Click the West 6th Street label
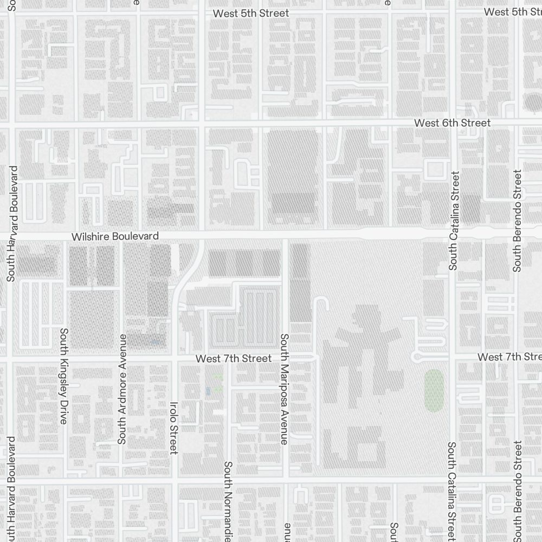[x=452, y=123]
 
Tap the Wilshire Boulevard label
[x=115, y=236]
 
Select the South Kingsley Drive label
[x=64, y=376]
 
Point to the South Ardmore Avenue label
[x=122, y=389]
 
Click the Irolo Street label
[x=173, y=427]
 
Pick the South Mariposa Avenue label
[x=283, y=389]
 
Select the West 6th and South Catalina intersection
[x=452, y=125]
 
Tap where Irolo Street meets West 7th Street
[x=174, y=358]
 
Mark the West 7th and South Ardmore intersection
[x=122, y=358]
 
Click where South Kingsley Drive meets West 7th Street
[x=64, y=358]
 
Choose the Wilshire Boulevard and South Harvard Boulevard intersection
[x=12, y=236]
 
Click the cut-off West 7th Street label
[x=509, y=357]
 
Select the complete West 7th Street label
[x=233, y=358]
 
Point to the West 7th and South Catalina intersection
[x=452, y=358]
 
